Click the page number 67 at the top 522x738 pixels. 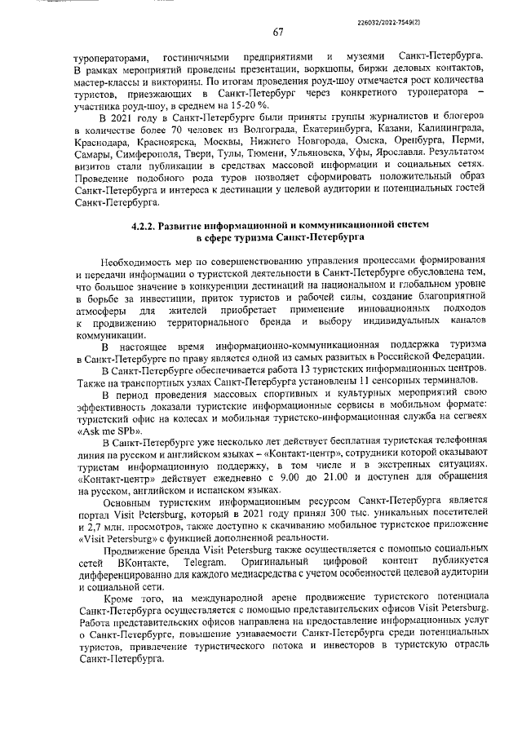point(277,33)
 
